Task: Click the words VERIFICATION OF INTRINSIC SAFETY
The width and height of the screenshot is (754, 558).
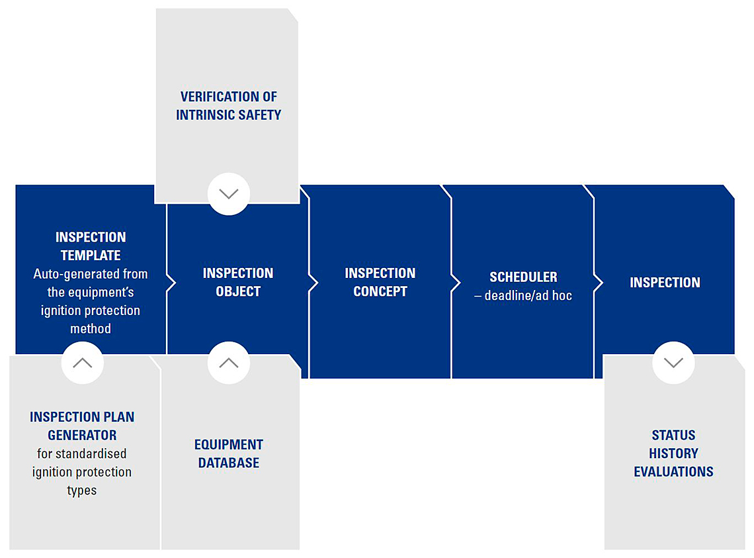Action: coord(228,105)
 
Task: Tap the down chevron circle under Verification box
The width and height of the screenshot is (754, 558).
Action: coord(229,193)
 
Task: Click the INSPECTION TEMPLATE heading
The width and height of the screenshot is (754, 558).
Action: coord(91,246)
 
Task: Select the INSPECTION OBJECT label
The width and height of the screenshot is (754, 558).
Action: coord(238,282)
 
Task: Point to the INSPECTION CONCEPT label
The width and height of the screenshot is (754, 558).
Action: coord(380,282)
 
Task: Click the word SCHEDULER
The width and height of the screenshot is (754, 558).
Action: coord(523,277)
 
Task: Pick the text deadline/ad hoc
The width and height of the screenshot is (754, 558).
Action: coord(528,296)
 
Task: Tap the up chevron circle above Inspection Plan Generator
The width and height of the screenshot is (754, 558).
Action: coord(83,363)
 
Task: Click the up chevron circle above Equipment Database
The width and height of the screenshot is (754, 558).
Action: coord(229,363)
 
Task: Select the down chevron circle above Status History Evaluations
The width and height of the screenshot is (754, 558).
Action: coord(673,363)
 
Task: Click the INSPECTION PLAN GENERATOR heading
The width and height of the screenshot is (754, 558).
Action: coord(82,426)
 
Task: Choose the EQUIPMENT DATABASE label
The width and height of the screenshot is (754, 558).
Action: coord(228,453)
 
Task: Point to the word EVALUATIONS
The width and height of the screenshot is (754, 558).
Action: coord(673,472)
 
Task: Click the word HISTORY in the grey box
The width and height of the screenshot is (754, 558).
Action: coord(673,453)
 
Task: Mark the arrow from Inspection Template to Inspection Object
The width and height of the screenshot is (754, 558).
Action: coord(171,283)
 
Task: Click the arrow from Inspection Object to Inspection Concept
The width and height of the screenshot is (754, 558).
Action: coord(314,283)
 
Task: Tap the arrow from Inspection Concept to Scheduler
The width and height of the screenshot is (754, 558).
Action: coord(456,283)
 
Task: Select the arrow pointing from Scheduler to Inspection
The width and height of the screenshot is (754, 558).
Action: coord(598,283)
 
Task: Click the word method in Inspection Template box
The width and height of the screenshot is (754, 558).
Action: coord(91,329)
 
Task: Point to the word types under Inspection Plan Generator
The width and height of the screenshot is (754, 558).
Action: coord(82,490)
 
